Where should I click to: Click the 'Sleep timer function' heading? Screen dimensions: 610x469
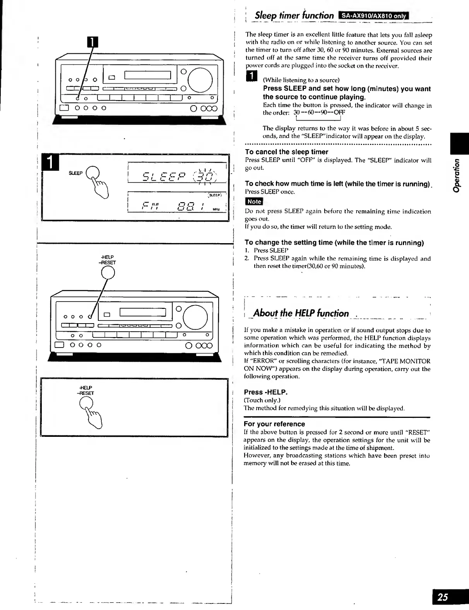[294, 16]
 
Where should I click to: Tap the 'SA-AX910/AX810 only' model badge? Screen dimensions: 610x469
[370, 16]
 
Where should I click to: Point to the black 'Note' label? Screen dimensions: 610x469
[254, 201]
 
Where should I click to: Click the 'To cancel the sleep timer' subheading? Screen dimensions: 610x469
[286, 152]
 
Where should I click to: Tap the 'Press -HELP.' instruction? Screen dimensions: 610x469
[265, 392]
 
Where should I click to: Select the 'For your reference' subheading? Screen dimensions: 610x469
[274, 424]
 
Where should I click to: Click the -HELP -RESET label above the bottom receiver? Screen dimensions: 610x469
[108, 260]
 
